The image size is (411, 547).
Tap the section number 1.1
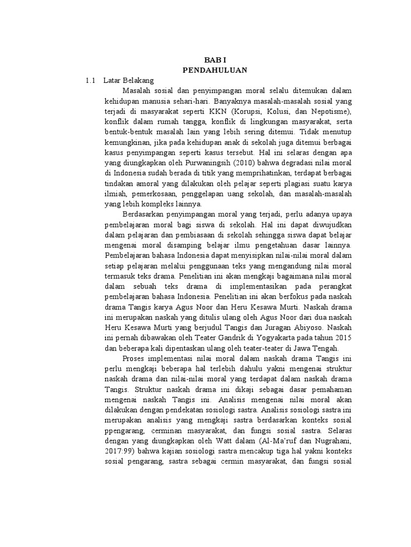pyautogui.click(x=90, y=80)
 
